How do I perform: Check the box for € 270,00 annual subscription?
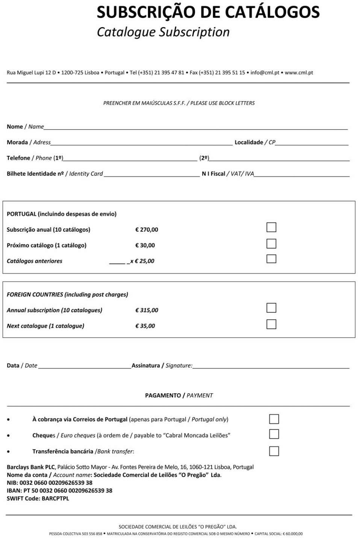271,227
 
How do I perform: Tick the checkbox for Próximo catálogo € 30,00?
271,243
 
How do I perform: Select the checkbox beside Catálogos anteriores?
271,259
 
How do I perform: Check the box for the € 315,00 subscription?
271,308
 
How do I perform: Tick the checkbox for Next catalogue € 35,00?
271,324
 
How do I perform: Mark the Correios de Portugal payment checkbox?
274,419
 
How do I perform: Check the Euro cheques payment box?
274,434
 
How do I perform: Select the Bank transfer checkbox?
274,451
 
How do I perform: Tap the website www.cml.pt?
299,73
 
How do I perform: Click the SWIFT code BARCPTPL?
55,499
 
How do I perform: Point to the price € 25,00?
144,261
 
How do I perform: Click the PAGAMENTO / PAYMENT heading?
179,395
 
